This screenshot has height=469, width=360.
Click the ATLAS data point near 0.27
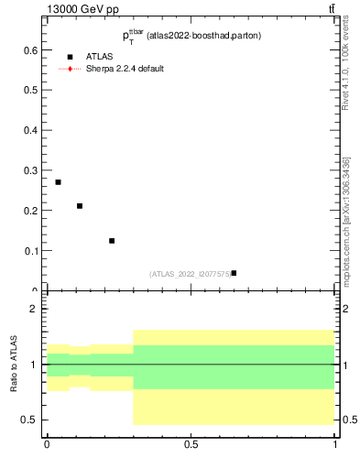pos(58,182)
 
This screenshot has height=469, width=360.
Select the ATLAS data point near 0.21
pos(80,206)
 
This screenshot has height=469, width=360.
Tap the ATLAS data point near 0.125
pos(112,241)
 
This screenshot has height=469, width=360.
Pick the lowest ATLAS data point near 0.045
pos(234,273)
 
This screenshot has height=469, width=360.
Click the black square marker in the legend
pos(70,57)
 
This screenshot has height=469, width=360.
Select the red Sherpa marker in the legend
pos(70,69)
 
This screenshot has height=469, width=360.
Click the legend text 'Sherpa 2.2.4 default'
pos(125,69)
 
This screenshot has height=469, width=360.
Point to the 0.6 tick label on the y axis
pos(30,50)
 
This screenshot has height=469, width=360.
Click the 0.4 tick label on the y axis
pos(30,130)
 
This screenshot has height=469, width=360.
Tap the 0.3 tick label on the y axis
pos(30,170)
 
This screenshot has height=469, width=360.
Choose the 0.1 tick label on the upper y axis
pos(30,250)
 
